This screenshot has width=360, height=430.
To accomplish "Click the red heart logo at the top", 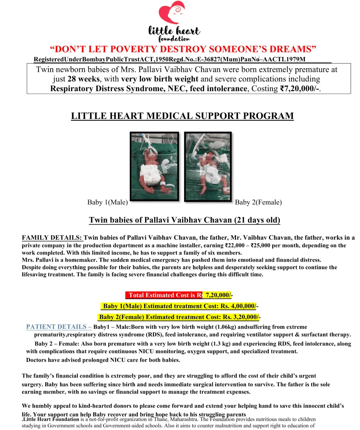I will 172,13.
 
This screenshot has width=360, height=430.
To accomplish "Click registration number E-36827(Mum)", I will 219,59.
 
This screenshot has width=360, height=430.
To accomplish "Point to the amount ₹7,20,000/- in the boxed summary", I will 300,89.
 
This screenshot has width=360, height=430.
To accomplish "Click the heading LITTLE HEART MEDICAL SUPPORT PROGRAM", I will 182,116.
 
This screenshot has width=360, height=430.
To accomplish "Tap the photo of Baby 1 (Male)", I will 154,166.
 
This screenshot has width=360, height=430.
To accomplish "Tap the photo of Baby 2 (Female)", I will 208,167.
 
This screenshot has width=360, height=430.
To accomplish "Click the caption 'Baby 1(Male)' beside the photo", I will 107,202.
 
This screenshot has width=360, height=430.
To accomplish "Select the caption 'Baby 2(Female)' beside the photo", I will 258,202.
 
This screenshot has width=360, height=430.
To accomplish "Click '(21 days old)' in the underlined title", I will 257,220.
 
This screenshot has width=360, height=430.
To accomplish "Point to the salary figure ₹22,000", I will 235,245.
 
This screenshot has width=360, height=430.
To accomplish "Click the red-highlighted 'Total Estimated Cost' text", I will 164,295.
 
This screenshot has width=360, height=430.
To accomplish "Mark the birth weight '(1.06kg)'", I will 226,327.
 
